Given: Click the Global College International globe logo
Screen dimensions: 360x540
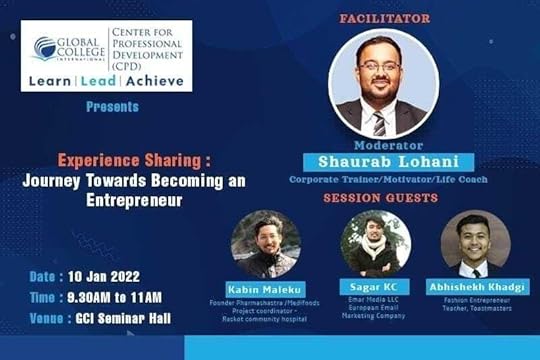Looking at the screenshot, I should click(45, 48).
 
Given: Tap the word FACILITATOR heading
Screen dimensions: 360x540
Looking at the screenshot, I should click(385, 19).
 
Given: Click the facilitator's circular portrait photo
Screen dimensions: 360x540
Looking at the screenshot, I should click(383, 85).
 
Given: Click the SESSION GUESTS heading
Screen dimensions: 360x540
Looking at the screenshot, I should click(380, 198).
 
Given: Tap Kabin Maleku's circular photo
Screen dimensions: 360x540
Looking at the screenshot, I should click(264, 243).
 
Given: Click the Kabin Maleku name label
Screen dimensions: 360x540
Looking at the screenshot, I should click(264, 290).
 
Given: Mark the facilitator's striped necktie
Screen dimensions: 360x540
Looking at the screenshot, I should click(379, 122).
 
